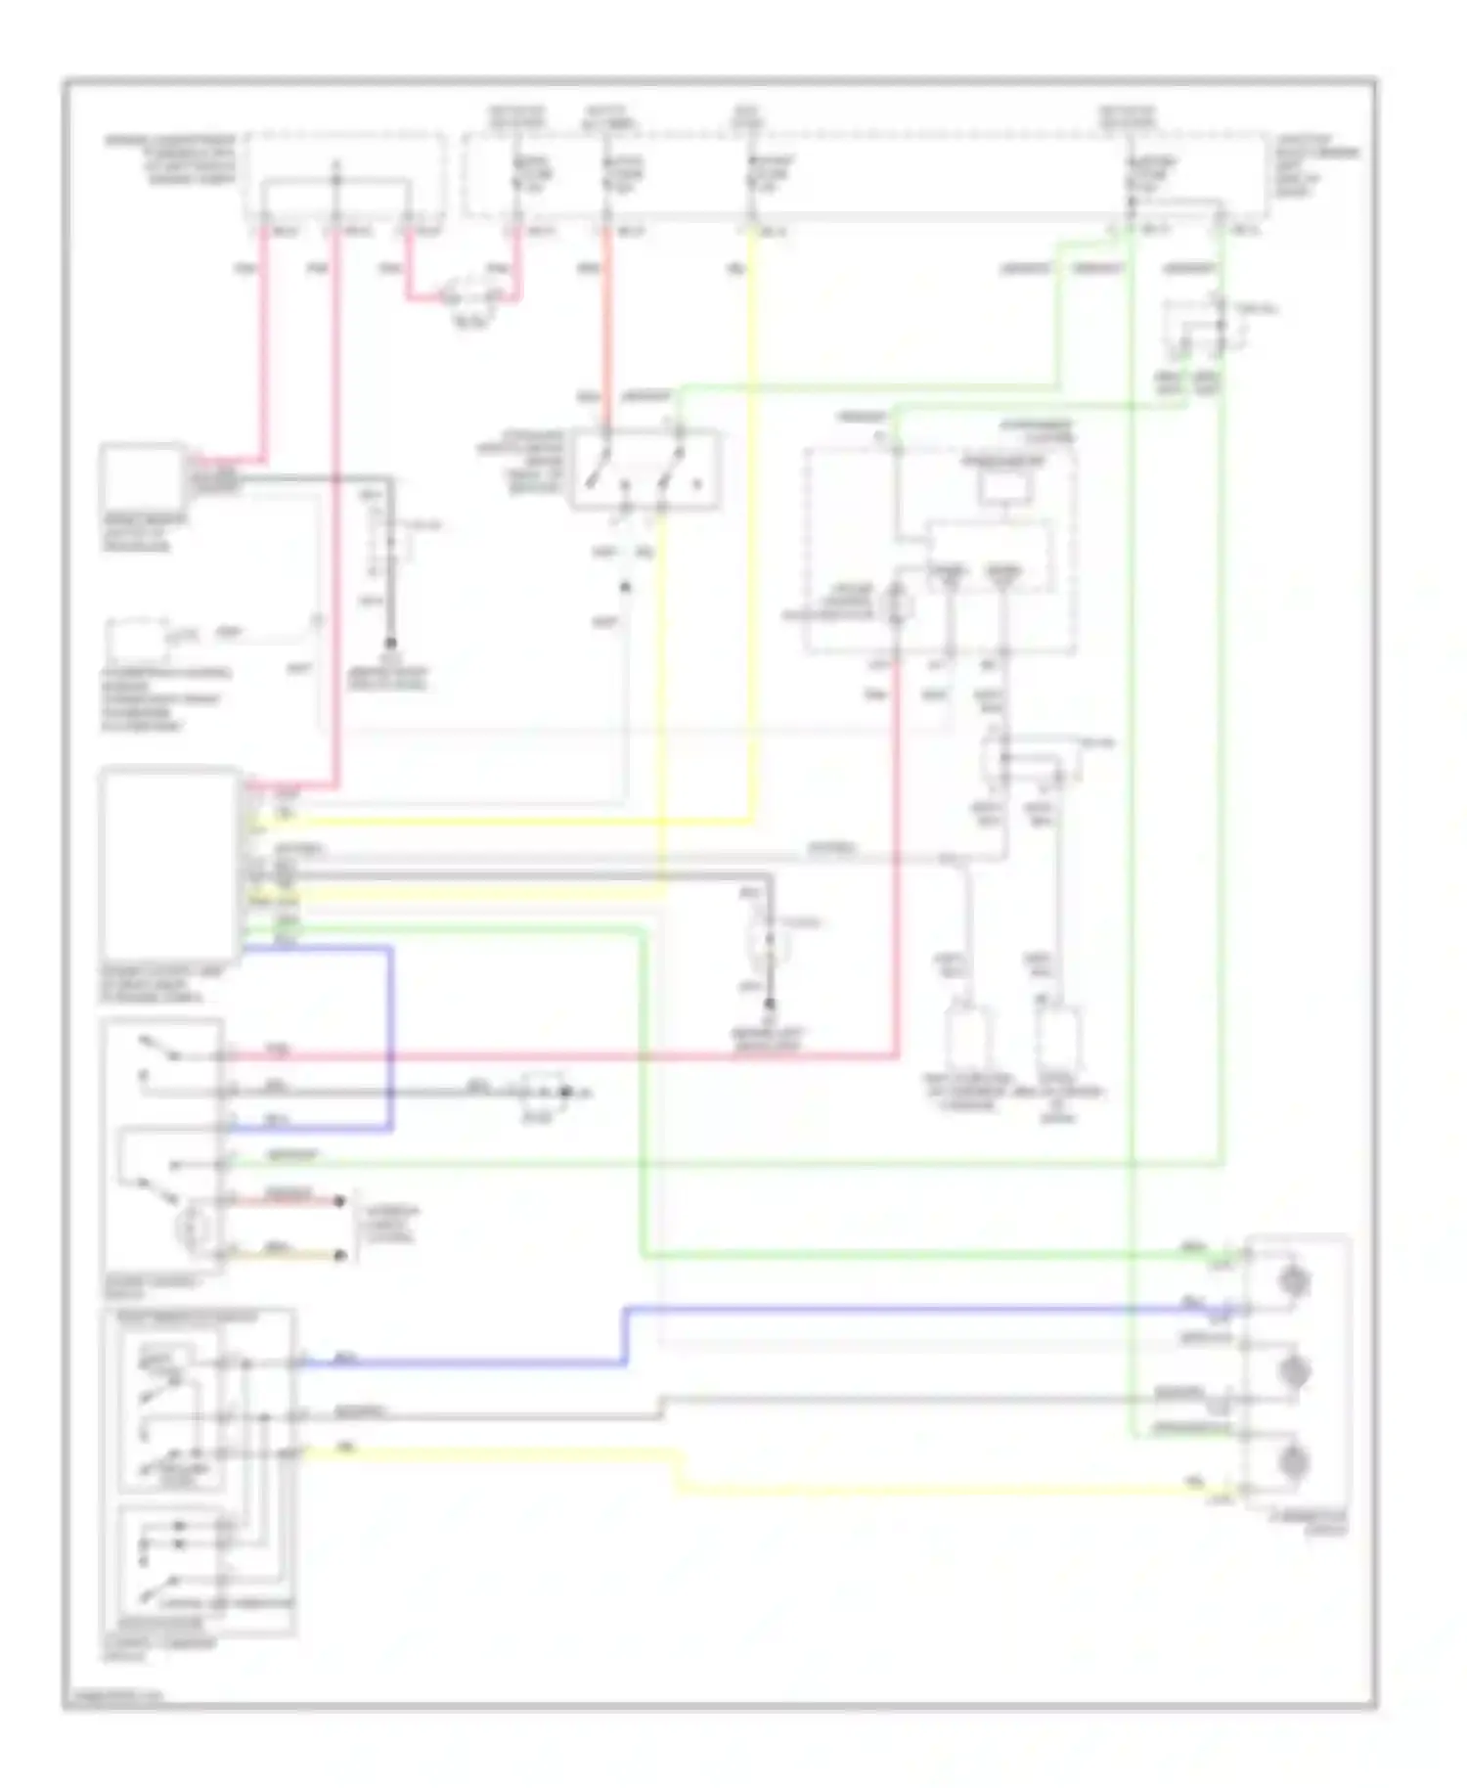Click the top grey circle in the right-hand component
tap(1296, 1281)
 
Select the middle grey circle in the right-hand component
tap(1296, 1371)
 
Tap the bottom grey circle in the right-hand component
tap(1296, 1461)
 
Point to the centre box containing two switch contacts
tap(646, 469)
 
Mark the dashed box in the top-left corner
tap(346, 176)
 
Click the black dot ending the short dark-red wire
tap(340, 1200)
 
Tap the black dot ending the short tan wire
tap(340, 1255)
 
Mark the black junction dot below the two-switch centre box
tap(626, 588)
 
